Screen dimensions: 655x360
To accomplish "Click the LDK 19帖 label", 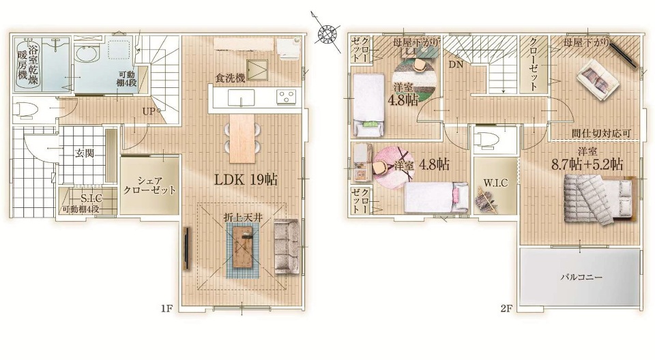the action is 246,179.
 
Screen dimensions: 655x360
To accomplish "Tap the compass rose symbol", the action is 327,33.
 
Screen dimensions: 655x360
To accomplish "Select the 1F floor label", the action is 166,309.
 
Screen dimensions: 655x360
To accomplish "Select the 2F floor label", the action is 506,309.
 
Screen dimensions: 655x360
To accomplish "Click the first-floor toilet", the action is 26,109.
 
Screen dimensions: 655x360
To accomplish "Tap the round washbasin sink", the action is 87,54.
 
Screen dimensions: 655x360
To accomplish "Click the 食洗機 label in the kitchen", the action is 230,78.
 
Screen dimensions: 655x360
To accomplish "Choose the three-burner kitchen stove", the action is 286,97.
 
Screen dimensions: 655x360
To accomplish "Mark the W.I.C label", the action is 495,183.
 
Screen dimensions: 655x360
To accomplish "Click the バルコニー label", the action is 581,277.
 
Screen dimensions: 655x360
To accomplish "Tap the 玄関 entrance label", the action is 85,153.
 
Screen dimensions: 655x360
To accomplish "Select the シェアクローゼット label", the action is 149,186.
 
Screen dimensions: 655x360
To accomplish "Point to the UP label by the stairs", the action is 148,112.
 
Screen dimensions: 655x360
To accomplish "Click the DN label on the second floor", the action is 455,65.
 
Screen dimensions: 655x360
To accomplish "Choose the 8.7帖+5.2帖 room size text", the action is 587,164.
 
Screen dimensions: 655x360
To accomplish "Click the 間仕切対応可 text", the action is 600,133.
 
